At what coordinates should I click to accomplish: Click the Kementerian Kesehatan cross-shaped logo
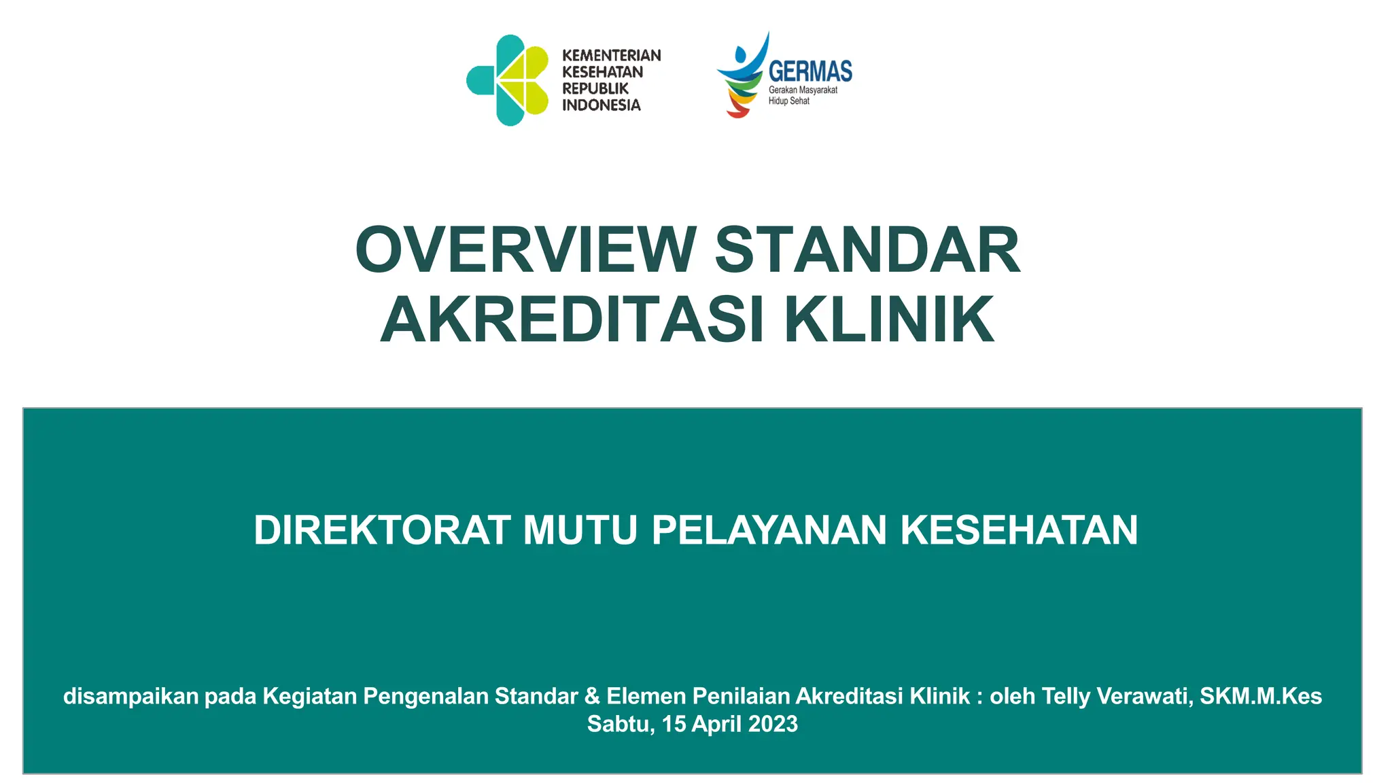pyautogui.click(x=508, y=80)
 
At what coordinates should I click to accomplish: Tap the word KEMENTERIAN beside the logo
pyautogui.click(x=611, y=55)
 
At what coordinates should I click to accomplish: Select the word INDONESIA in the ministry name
pyautogui.click(x=601, y=105)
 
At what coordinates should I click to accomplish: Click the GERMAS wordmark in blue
pyautogui.click(x=810, y=71)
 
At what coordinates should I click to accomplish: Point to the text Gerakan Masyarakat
pyautogui.click(x=803, y=90)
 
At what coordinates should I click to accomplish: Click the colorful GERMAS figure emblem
pyautogui.click(x=743, y=75)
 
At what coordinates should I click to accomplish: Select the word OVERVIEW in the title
pyautogui.click(x=525, y=249)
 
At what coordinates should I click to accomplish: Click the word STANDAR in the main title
pyautogui.click(x=867, y=249)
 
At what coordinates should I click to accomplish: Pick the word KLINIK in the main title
pyautogui.click(x=890, y=319)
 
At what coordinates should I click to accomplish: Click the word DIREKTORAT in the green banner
pyautogui.click(x=382, y=530)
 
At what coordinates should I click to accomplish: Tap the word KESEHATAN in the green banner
pyautogui.click(x=1019, y=530)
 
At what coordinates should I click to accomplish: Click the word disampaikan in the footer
pyautogui.click(x=130, y=696)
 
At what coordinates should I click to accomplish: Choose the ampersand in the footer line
pyautogui.click(x=592, y=696)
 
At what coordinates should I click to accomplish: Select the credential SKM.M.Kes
pyautogui.click(x=1261, y=696)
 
